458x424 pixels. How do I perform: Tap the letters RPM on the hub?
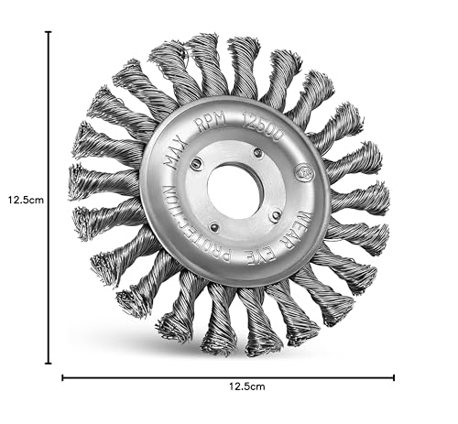[212, 121]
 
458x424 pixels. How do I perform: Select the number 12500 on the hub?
[262, 126]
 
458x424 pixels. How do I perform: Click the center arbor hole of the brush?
[235, 191]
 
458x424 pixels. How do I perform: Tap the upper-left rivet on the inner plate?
[195, 163]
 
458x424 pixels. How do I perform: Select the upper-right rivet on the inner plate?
[258, 152]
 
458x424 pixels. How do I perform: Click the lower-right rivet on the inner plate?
[276, 216]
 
